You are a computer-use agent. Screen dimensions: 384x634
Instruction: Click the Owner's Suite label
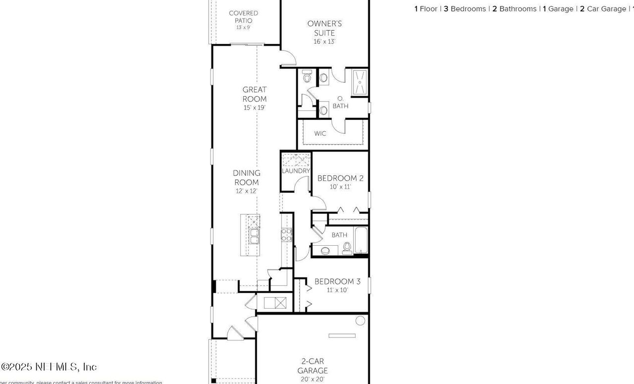324,28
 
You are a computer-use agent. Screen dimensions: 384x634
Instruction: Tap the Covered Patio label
243,17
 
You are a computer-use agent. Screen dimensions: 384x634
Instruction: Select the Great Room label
255,94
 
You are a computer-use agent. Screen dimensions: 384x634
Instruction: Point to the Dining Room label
247,177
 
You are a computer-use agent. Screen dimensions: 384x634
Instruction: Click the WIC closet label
320,134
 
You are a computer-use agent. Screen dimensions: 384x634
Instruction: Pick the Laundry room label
296,171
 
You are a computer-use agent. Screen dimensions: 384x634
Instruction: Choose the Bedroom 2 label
340,178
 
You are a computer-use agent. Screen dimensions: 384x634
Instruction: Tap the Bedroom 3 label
337,281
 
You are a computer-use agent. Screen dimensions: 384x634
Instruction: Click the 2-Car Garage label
313,366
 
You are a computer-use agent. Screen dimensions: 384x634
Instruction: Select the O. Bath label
340,103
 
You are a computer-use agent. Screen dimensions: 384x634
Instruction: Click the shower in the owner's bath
360,82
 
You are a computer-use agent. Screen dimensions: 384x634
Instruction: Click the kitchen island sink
254,236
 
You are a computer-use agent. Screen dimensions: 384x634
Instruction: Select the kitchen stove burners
286,234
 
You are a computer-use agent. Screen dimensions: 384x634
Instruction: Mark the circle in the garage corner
360,321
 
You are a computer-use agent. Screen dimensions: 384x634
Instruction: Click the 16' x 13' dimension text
324,42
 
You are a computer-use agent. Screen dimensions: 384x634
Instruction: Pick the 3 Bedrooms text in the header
465,9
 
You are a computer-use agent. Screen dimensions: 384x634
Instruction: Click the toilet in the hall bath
347,247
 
